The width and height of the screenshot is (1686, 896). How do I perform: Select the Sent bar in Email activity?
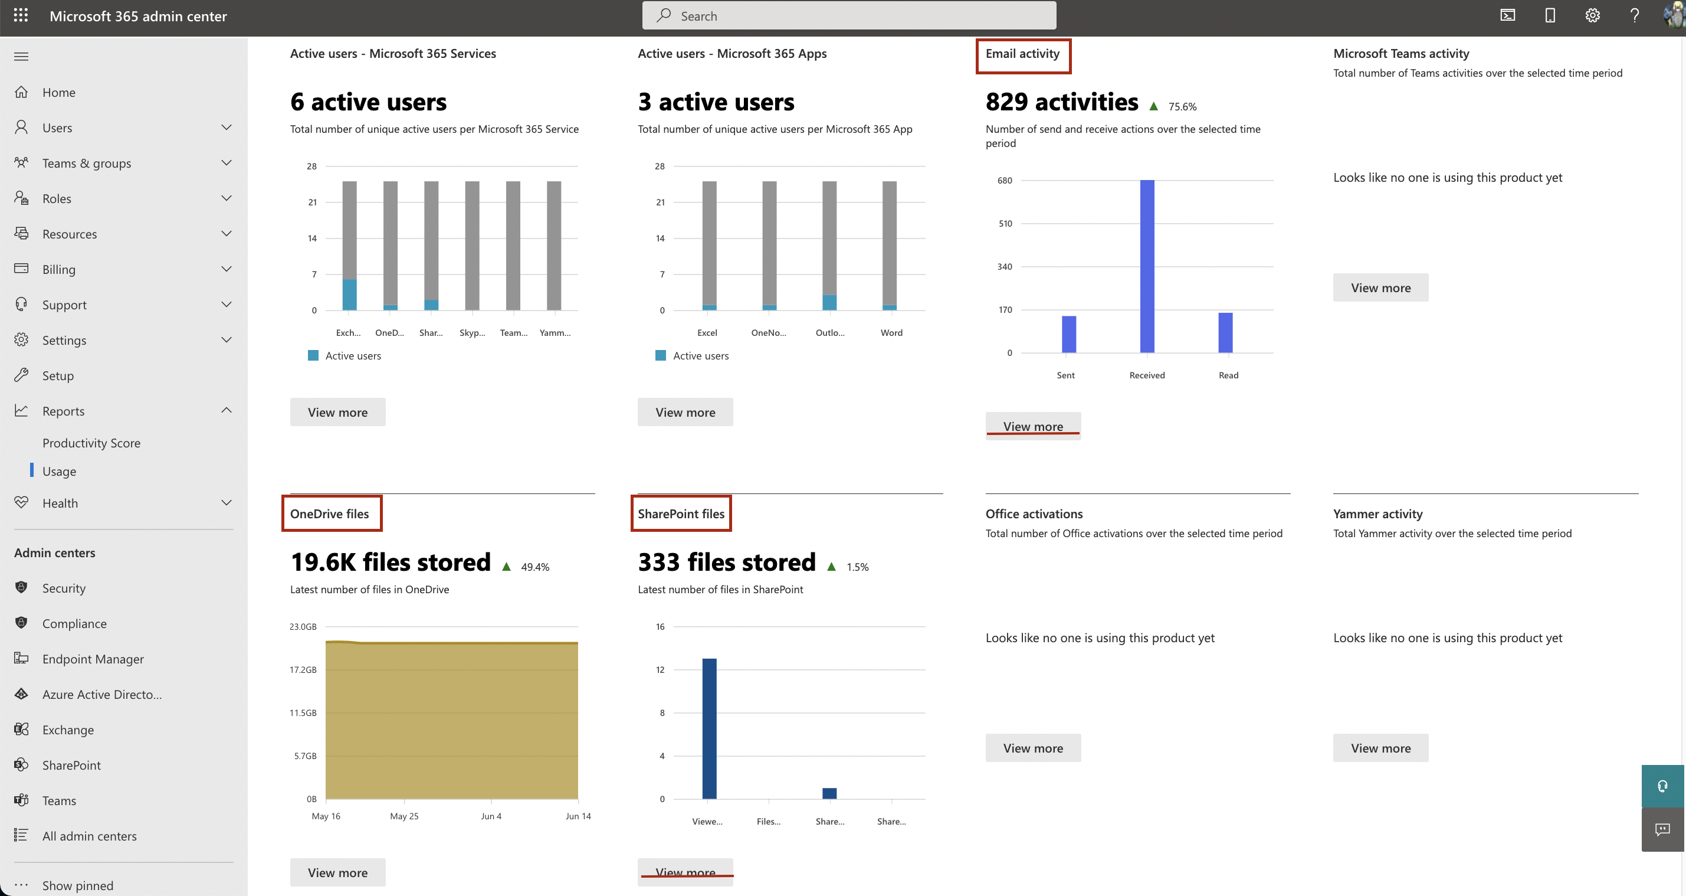coord(1068,334)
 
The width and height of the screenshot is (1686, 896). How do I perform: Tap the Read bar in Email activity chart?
coord(1225,333)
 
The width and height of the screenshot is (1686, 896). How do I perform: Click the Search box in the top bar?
coord(848,16)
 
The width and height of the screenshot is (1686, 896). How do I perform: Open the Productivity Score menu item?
coord(91,443)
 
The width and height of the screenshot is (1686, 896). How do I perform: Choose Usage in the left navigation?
coord(59,471)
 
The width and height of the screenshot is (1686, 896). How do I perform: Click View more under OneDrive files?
coord(337,872)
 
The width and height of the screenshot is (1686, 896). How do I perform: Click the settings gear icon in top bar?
coord(1592,16)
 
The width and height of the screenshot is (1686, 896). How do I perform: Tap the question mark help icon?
coord(1634,16)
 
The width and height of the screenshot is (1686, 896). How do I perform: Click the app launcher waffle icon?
coord(21,16)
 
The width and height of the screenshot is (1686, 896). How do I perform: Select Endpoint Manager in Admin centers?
coord(93,659)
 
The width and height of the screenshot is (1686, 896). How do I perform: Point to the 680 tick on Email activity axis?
coord(1005,180)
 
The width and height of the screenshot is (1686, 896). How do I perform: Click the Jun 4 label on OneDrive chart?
coord(491,816)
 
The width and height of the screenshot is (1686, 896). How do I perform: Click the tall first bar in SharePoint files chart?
coord(709,728)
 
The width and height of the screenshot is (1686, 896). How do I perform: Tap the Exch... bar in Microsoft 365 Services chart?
coord(349,245)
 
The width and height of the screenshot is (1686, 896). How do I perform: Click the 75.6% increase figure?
coord(1182,107)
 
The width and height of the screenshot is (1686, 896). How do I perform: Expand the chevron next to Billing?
coord(227,269)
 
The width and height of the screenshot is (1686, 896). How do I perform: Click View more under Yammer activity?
coord(1380,748)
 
